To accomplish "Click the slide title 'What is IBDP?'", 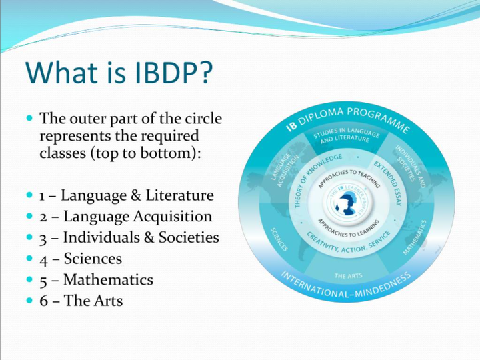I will [x=121, y=73].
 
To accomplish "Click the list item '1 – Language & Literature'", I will [x=126, y=196].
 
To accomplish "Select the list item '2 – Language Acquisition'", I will [x=125, y=217].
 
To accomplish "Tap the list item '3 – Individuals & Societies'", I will [x=129, y=238].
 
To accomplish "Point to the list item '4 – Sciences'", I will [x=80, y=259].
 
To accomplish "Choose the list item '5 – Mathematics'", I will [x=96, y=280].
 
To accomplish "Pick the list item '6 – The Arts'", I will [x=81, y=301].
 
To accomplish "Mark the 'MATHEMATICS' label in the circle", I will [x=415, y=239].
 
